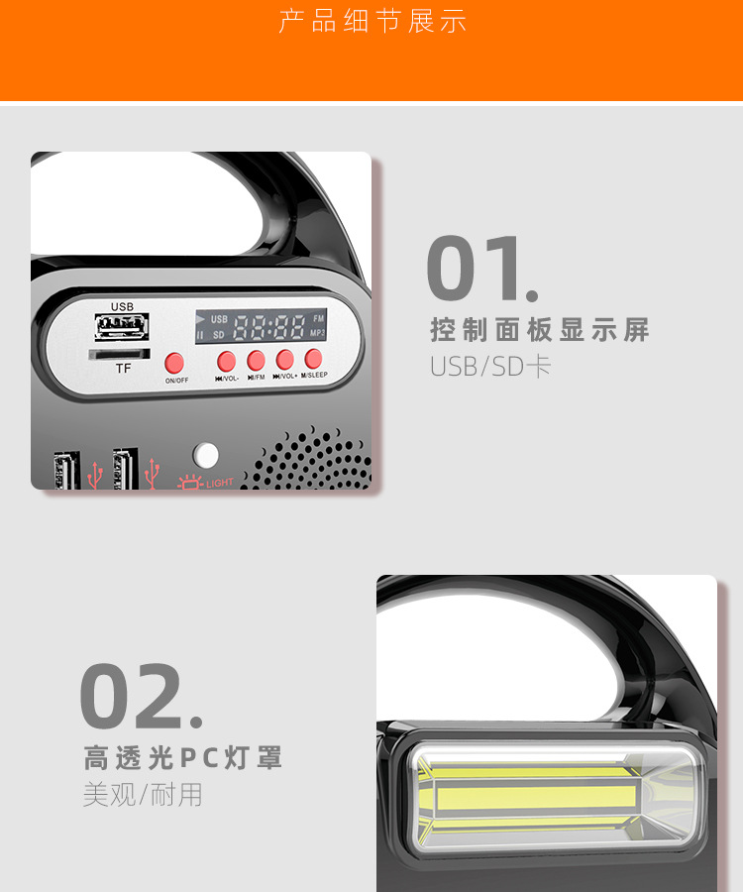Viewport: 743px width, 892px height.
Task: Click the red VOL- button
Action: pyautogui.click(x=227, y=361)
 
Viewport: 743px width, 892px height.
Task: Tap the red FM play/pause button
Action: pyautogui.click(x=256, y=360)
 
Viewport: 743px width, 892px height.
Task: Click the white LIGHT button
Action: pyautogui.click(x=205, y=455)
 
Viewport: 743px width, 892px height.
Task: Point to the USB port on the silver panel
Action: pyautogui.click(x=122, y=328)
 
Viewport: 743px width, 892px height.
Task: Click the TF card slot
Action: pyautogui.click(x=119, y=353)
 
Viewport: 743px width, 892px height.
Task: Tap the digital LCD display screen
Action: pyautogui.click(x=261, y=326)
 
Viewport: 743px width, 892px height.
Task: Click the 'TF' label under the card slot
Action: pyautogui.click(x=123, y=369)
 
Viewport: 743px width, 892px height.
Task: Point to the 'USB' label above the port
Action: pyautogui.click(x=122, y=307)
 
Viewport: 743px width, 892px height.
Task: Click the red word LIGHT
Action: pyautogui.click(x=220, y=483)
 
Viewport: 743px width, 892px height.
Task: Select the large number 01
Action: pyautogui.click(x=481, y=269)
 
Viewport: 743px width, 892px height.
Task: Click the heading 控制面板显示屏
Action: pyautogui.click(x=540, y=330)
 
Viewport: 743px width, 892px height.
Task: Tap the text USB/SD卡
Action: pyautogui.click(x=489, y=367)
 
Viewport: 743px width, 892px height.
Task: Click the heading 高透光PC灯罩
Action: pyautogui.click(x=183, y=759)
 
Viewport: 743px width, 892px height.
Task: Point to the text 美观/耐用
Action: pyautogui.click(x=143, y=795)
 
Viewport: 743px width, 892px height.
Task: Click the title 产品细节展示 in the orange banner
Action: pyautogui.click(x=372, y=22)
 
